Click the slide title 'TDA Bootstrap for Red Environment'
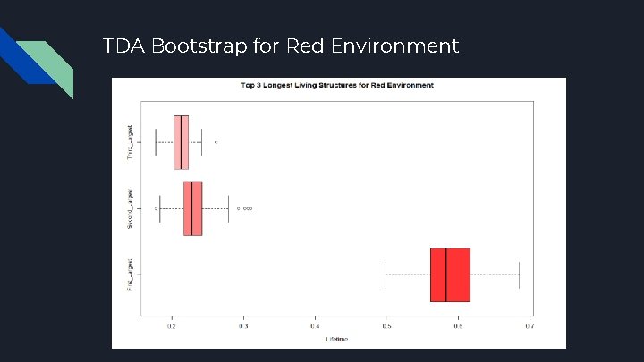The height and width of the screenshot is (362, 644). click(281, 46)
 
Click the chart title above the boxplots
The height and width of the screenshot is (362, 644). click(337, 86)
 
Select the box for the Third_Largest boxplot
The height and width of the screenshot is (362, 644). click(182, 142)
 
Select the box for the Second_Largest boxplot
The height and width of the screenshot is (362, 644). click(193, 208)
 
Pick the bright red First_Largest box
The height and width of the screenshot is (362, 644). click(450, 274)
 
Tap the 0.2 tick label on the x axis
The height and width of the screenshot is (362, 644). click(172, 327)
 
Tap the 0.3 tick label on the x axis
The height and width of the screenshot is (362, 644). click(243, 327)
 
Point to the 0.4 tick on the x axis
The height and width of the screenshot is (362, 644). click(315, 327)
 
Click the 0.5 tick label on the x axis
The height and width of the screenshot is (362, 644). click(386, 327)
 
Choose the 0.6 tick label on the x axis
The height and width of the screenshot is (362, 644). click(458, 327)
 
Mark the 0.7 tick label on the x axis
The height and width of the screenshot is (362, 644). click(529, 327)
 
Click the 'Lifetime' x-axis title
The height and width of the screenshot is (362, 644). click(336, 339)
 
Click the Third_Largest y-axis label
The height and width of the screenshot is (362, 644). click(131, 142)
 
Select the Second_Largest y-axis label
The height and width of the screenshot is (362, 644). click(131, 208)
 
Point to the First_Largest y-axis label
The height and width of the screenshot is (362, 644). click(131, 274)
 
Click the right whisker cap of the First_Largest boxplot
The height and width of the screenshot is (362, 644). click(519, 274)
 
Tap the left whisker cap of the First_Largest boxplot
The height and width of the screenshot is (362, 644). click(386, 274)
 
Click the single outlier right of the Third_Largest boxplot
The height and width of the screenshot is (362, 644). click(216, 142)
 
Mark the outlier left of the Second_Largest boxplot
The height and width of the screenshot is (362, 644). click(156, 208)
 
